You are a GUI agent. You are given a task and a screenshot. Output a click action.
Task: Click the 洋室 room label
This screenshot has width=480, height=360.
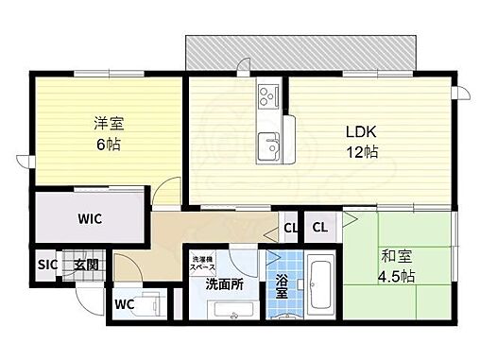pos(107,124)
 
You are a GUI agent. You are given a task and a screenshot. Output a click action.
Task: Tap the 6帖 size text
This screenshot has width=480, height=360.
pos(107,146)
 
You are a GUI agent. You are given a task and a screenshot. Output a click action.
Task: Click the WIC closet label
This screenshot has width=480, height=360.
pos(90,218)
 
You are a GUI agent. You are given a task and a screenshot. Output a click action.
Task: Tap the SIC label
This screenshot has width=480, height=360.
pos(47,266)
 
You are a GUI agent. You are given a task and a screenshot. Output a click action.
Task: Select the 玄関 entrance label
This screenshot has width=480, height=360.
pos(86,266)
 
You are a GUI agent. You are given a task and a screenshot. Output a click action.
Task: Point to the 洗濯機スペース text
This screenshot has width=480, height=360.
pos(205,264)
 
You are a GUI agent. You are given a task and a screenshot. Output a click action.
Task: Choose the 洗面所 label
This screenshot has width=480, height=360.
pos(225,283)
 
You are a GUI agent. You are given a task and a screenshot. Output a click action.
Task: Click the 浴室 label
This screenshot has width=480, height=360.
pos(281,285)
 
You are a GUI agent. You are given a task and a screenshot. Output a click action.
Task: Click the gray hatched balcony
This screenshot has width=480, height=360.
pos(300,52)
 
